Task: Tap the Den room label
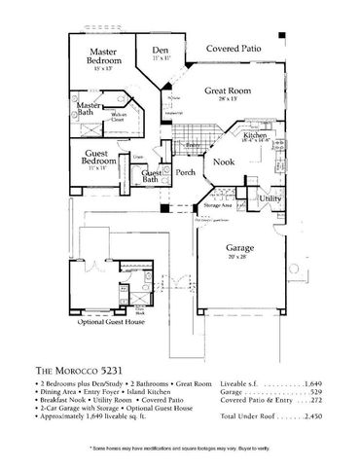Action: click(x=162, y=52)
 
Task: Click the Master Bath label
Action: click(x=92, y=110)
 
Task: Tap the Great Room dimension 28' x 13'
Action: click(x=228, y=99)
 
